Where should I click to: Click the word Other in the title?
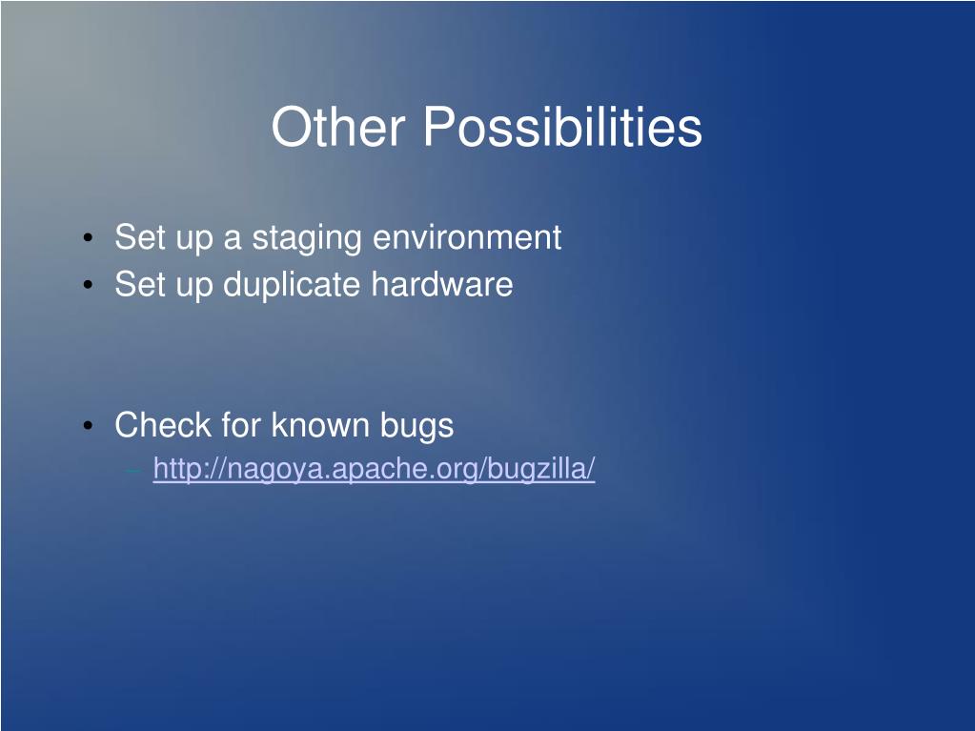pos(337,126)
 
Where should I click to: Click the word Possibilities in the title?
pos(562,126)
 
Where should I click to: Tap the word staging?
pos(307,238)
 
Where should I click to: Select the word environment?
pos(467,237)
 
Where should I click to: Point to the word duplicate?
pos(292,285)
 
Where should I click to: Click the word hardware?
pos(442,284)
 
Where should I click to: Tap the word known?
pos(321,425)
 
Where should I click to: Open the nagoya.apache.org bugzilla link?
pos(374,469)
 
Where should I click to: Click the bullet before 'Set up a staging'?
pos(88,238)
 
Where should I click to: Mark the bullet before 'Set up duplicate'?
pos(88,285)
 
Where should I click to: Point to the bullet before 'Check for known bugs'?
pos(88,426)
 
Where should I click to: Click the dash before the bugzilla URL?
pos(133,471)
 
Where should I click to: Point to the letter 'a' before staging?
pos(232,240)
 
